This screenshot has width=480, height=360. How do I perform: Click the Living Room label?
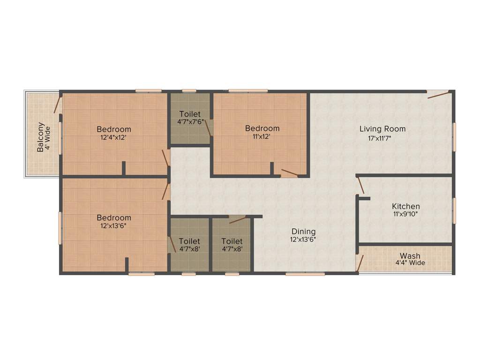click(x=382, y=129)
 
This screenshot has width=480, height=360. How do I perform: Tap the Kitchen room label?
click(x=406, y=206)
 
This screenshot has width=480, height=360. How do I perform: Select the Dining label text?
click(x=304, y=232)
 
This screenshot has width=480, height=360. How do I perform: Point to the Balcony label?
click(x=41, y=137)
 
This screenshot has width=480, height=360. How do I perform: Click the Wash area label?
click(x=410, y=256)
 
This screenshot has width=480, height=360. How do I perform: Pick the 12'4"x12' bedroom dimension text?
click(x=114, y=137)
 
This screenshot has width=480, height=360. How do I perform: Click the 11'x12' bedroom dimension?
click(x=262, y=136)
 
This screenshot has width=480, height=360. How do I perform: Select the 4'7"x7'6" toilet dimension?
click(x=190, y=122)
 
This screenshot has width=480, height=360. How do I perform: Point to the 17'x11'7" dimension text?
click(x=382, y=138)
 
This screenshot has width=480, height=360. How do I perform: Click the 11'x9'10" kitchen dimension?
click(x=406, y=214)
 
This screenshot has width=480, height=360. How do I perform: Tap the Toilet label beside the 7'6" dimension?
click(x=190, y=114)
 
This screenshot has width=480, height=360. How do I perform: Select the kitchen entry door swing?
click(x=360, y=185)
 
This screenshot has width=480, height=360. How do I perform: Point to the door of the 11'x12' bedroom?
click(x=289, y=173)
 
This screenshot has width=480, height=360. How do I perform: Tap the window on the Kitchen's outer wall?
click(x=454, y=210)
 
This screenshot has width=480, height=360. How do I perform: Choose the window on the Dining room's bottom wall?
click(x=299, y=274)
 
